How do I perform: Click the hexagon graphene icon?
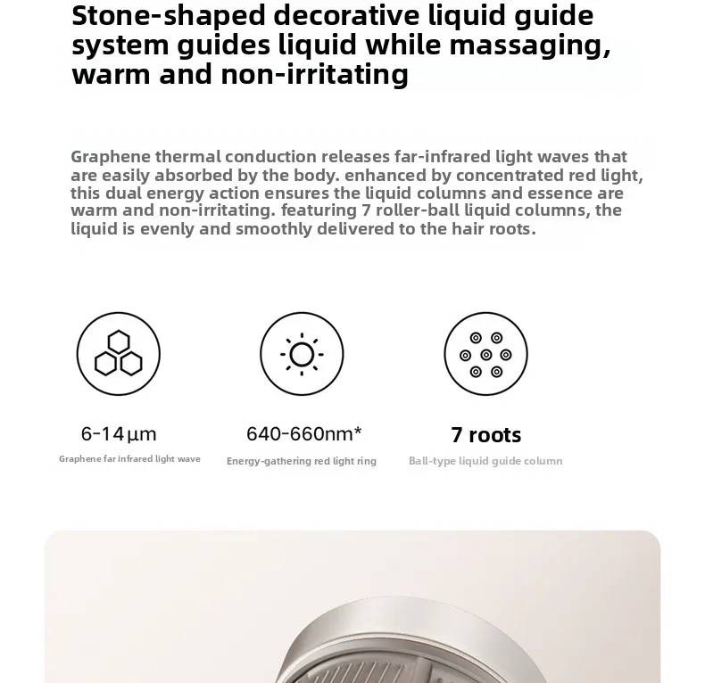pyautogui.click(x=119, y=354)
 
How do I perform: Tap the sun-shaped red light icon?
pyautogui.click(x=302, y=354)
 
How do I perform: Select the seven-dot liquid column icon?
pyautogui.click(x=485, y=354)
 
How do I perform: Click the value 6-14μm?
pyautogui.click(x=119, y=434)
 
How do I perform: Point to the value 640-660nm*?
pyautogui.click(x=303, y=434)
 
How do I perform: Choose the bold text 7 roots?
pyautogui.click(x=485, y=435)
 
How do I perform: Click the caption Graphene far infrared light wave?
pyautogui.click(x=129, y=459)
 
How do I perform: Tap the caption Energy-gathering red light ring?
pyautogui.click(x=301, y=461)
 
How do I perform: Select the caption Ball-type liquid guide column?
pyautogui.click(x=485, y=461)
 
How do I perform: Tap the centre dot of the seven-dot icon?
pyautogui.click(x=485, y=355)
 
